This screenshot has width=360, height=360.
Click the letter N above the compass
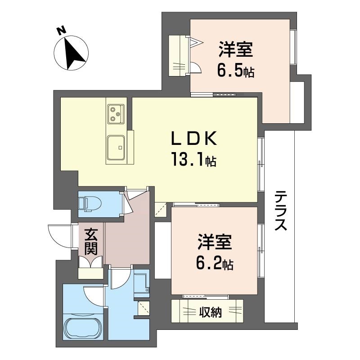tap(61, 31)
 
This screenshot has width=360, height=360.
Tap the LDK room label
tap(194, 138)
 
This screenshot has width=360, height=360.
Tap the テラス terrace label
tap(281, 211)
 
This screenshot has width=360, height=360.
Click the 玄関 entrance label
tap(91, 242)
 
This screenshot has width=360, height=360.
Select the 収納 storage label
tap(210, 312)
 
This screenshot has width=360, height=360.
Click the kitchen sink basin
tap(116, 148)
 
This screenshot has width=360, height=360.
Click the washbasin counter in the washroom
tap(141, 283)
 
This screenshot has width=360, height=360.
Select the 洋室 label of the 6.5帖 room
tap(236, 49)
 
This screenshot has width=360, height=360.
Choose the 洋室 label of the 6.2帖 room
tap(215, 242)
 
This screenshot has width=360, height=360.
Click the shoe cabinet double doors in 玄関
tap(91, 262)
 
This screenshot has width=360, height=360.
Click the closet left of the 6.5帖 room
tap(177, 55)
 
